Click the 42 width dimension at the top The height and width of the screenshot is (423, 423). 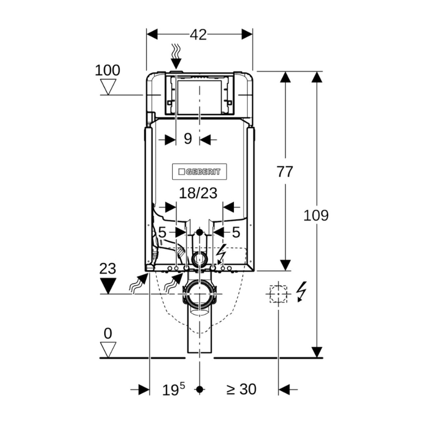(x=198, y=35)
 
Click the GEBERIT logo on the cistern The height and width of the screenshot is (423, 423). (x=199, y=172)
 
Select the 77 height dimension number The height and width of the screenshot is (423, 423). (x=284, y=172)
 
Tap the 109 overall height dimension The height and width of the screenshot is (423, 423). (x=316, y=215)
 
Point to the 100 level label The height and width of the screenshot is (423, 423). (x=108, y=70)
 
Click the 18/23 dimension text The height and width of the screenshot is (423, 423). (x=198, y=193)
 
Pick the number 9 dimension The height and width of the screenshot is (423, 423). (x=188, y=139)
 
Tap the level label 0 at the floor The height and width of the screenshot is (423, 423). (x=108, y=333)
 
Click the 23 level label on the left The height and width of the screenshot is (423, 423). (x=108, y=269)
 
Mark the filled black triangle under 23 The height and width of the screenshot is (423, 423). (x=108, y=285)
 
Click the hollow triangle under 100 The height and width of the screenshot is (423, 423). (x=108, y=86)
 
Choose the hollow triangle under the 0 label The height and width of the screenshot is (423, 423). (x=108, y=349)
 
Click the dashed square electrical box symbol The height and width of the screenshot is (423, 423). (x=278, y=293)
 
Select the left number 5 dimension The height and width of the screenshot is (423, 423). (x=162, y=232)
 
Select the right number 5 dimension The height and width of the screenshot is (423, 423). (x=236, y=232)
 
